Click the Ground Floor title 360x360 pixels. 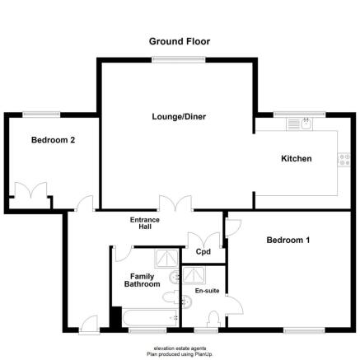(180, 41)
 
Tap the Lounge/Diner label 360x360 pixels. (179, 117)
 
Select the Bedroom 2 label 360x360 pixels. (53, 140)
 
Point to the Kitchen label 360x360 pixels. (297, 158)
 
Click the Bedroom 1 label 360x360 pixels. (288, 241)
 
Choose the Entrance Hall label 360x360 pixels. (145, 223)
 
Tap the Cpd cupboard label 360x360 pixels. (203, 251)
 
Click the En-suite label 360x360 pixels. (207, 291)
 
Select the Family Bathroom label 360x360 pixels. (142, 280)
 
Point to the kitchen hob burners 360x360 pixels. (344, 160)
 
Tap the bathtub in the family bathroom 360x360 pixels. (151, 318)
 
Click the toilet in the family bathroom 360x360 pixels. (171, 297)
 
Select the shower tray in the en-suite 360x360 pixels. (194, 275)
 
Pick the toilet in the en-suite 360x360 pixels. (213, 319)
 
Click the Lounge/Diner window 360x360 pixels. (179, 59)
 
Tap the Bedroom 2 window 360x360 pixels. (41, 115)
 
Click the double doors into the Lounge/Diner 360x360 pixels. (175, 203)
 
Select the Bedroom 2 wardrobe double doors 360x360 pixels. (30, 190)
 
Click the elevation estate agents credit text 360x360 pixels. (180, 348)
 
